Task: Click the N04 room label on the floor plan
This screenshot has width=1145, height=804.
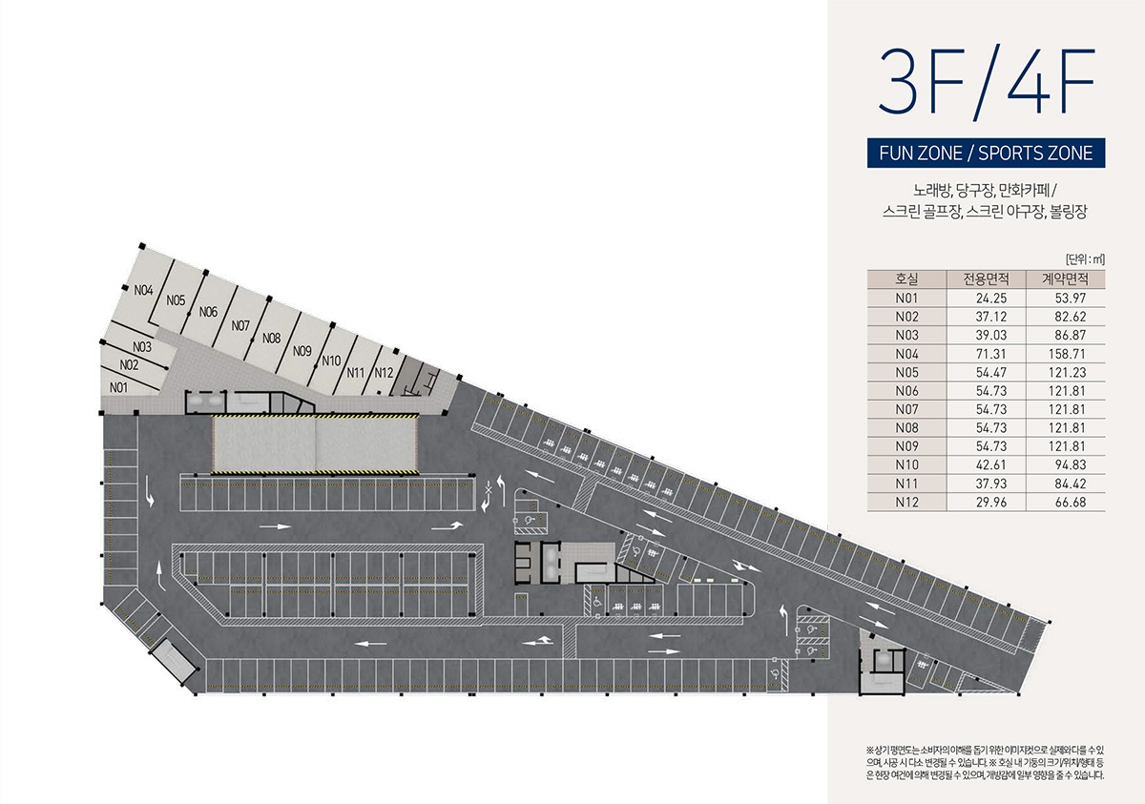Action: pos(144,290)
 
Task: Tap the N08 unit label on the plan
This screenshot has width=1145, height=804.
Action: pos(271,339)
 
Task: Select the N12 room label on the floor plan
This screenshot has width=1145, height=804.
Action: pos(384,372)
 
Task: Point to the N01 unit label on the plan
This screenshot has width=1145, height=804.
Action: pos(118,388)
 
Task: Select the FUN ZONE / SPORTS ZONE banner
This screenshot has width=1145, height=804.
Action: pos(986,154)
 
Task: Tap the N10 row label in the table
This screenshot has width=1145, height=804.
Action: pos(906,464)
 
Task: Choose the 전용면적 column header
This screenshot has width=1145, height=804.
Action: pos(986,278)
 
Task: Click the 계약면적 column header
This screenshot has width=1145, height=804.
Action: pos(1065,278)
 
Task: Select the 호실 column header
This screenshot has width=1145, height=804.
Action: pos(906,278)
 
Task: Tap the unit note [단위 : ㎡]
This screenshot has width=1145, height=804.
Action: pos(1085,259)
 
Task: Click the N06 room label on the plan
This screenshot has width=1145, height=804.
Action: pos(208,312)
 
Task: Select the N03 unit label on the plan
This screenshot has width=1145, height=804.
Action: pos(142,347)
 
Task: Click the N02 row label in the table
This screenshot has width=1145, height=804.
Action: pos(906,317)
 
